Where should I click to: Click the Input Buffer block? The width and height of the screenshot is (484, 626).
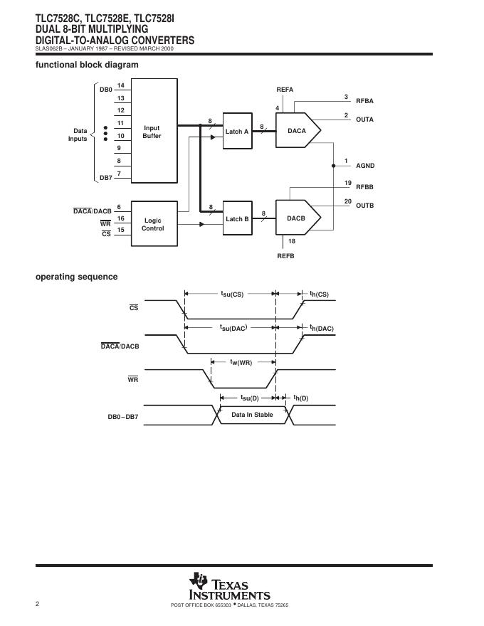[152, 132]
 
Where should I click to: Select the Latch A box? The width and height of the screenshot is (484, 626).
[237, 132]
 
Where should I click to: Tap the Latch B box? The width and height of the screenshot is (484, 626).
[237, 218]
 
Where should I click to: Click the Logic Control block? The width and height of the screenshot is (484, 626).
[153, 224]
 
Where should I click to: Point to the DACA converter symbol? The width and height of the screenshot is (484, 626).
[297, 131]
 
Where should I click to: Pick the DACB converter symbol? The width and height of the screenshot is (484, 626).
[297, 218]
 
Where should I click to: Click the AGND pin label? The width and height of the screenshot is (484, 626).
[365, 166]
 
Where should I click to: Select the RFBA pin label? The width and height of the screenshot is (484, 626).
[364, 101]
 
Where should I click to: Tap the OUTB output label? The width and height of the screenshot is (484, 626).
[364, 206]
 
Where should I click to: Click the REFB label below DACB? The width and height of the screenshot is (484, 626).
[285, 255]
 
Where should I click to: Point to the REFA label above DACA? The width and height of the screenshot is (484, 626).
[285, 90]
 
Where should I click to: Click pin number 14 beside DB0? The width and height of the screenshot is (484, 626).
[121, 85]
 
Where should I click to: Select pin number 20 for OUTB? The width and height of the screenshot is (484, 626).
[347, 201]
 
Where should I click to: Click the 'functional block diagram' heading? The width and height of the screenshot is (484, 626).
[87, 65]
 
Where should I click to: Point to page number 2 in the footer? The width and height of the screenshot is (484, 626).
[38, 604]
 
